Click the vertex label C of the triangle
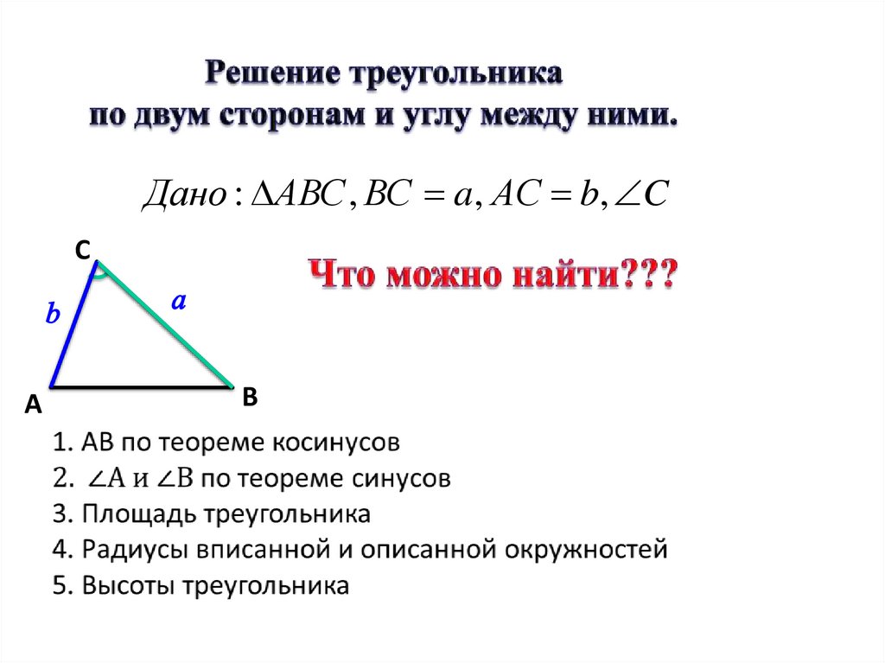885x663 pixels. [81, 250]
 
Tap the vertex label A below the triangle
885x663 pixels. [34, 404]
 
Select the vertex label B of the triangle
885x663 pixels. [250, 397]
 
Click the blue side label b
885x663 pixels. [53, 316]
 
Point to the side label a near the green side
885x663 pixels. [179, 301]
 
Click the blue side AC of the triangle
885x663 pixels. [73, 323]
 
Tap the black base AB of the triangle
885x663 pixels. [143, 386]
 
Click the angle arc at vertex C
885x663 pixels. [101, 275]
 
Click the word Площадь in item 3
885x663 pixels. [139, 514]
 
